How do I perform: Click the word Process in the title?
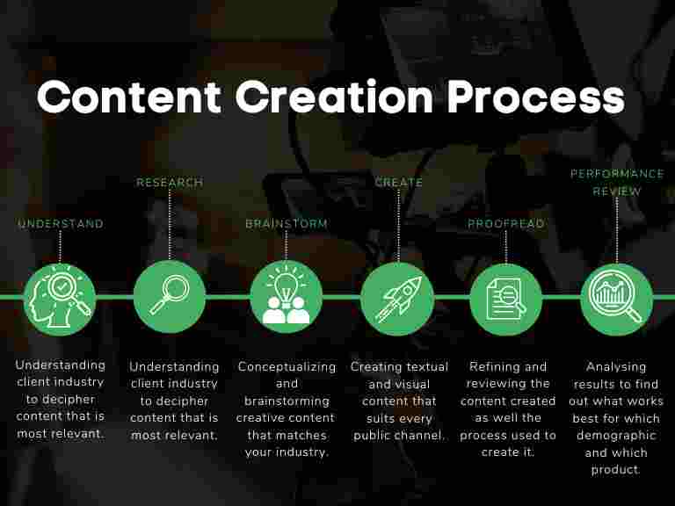pos(536,98)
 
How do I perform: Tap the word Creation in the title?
pos(334,98)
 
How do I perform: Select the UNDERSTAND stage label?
pos(61,224)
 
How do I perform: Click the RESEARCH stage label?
pos(170,183)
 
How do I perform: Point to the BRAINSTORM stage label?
pos(287,224)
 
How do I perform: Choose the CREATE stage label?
pos(399,183)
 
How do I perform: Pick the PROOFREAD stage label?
pos(506,224)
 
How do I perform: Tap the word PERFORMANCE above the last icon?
pos(617,174)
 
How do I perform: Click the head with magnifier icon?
pos(60,299)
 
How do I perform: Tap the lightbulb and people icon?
pos(287,299)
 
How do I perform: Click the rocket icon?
pos(397,299)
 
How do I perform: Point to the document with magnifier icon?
pos(506,299)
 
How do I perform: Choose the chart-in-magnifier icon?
pos(617,299)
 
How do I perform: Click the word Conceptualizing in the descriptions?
pos(287,366)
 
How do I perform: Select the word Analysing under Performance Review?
pos(617,366)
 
